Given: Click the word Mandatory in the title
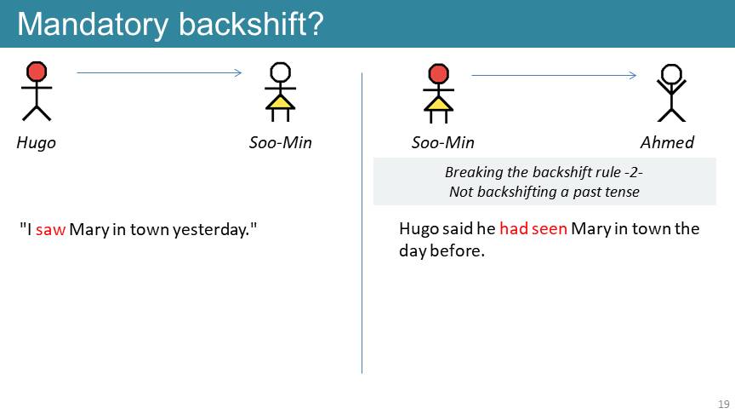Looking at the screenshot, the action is tap(93, 25).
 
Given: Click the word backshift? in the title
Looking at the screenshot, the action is tap(251, 24).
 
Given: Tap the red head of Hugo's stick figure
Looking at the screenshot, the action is tap(37, 72).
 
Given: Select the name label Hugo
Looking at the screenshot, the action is tap(36, 143).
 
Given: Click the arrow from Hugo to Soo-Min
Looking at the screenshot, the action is tap(159, 72).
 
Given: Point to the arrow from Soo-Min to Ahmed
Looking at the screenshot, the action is tap(554, 75).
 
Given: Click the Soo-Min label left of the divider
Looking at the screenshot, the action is tap(281, 142).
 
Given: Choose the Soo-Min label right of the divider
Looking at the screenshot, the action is tap(443, 142).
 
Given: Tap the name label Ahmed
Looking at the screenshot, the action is tap(667, 142).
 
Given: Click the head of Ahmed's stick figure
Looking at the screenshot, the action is tap(671, 74).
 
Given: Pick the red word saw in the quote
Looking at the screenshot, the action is tap(50, 229).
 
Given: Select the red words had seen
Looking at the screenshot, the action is tap(533, 228).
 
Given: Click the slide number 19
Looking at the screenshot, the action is tap(724, 404).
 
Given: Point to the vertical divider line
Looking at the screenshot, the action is tap(362, 223).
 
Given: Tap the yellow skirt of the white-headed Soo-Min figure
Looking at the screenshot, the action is tap(281, 102).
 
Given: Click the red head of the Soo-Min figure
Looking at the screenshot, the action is tap(438, 74).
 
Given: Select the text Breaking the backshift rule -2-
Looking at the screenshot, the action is tap(544, 172).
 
